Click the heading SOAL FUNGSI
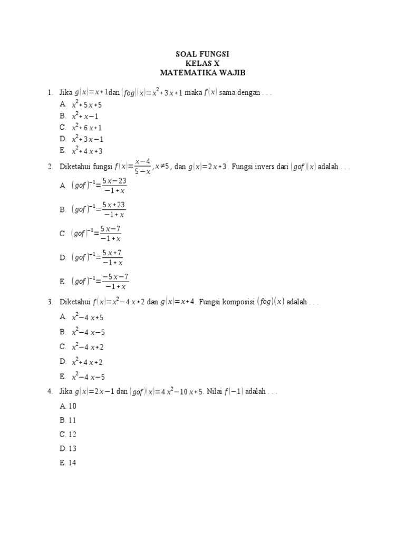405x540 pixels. pyautogui.click(x=202, y=54)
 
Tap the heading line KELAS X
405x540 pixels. pyautogui.click(x=202, y=63)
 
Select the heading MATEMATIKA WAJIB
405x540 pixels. pyautogui.click(x=202, y=72)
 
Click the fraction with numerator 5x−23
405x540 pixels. pyautogui.click(x=114, y=186)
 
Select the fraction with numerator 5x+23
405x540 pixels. pyautogui.click(x=114, y=209)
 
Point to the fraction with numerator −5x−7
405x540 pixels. pyautogui.click(x=115, y=281)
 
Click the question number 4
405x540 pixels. pyautogui.click(x=49, y=392)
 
